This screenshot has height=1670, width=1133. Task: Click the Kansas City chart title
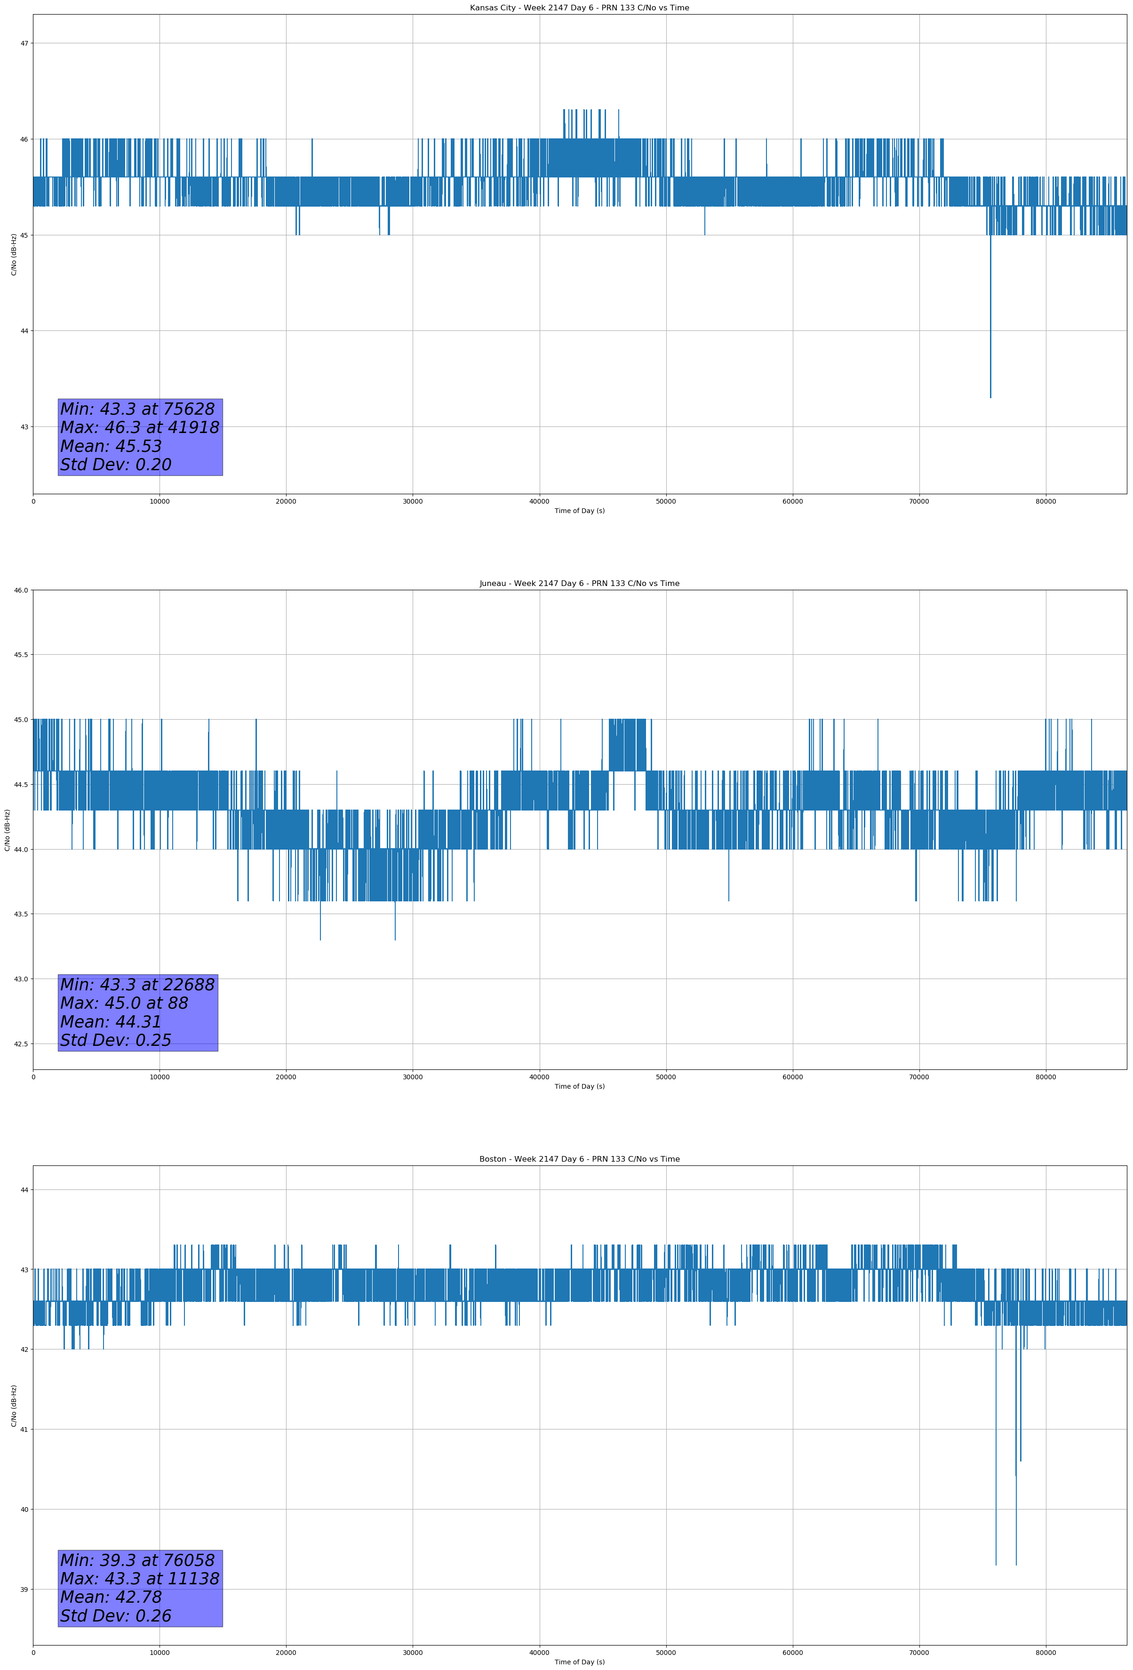pos(579,8)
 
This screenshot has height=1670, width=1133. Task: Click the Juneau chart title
pos(579,584)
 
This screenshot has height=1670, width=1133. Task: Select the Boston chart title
pos(579,1159)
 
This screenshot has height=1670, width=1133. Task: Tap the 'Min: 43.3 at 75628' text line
pos(137,409)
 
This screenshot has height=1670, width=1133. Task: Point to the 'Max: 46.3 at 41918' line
pos(139,427)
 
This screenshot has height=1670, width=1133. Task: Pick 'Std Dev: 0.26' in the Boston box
pos(116,1616)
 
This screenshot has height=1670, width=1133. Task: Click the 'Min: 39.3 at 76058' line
pos(137,1560)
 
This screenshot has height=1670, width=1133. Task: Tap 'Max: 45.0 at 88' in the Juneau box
pos(124,1003)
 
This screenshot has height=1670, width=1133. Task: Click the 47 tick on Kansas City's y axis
pos(24,43)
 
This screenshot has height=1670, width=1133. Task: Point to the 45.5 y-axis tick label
pos(21,655)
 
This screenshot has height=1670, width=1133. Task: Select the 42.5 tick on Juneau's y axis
pos(21,1044)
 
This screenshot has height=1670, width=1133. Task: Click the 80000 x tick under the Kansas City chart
pos(1045,502)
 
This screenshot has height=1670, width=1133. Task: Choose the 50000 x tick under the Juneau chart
pos(666,1077)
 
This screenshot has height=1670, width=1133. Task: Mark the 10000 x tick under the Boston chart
pos(160,1653)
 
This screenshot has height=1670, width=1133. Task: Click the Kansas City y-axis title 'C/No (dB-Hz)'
pos(14,254)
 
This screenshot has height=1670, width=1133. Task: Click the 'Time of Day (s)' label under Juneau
pos(579,1086)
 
